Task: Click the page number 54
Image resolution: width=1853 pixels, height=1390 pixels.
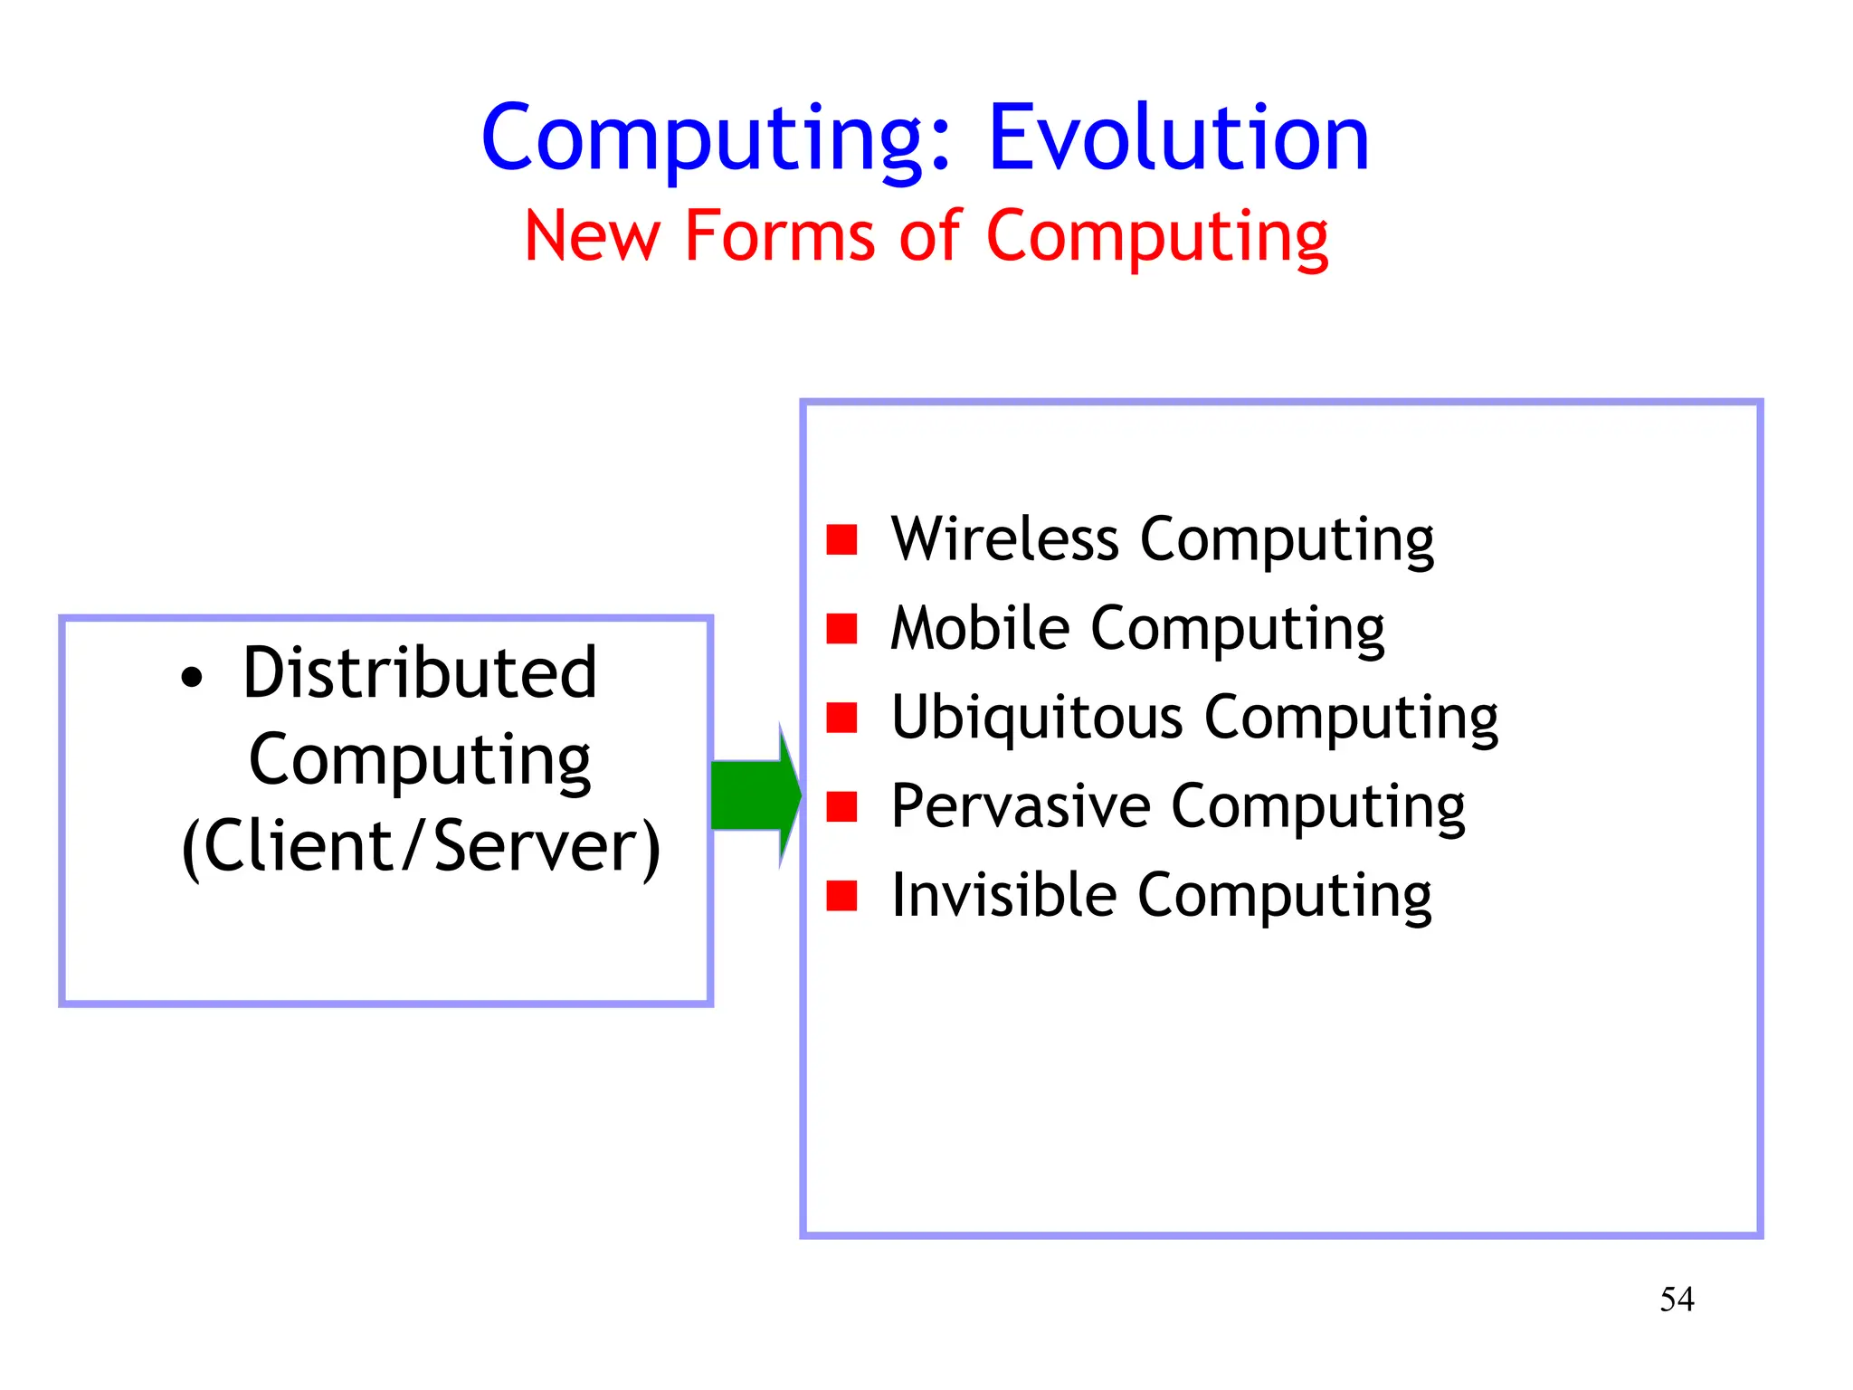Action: tap(1677, 1300)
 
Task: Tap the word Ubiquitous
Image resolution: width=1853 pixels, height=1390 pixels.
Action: tap(1037, 717)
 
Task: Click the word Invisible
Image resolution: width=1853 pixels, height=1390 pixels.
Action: tap(1003, 894)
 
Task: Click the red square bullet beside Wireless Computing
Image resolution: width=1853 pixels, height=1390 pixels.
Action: tap(841, 539)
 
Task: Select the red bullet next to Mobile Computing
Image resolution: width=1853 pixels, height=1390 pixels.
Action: tap(841, 628)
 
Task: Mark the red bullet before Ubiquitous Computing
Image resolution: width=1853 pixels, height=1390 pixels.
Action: tap(841, 717)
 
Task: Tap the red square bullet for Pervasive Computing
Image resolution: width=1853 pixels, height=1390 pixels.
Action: tap(841, 805)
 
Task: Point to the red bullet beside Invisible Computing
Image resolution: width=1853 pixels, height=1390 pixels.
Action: tap(841, 895)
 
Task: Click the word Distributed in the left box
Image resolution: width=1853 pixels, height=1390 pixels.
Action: tap(420, 673)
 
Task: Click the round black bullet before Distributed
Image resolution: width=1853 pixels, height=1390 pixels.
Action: tap(191, 678)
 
